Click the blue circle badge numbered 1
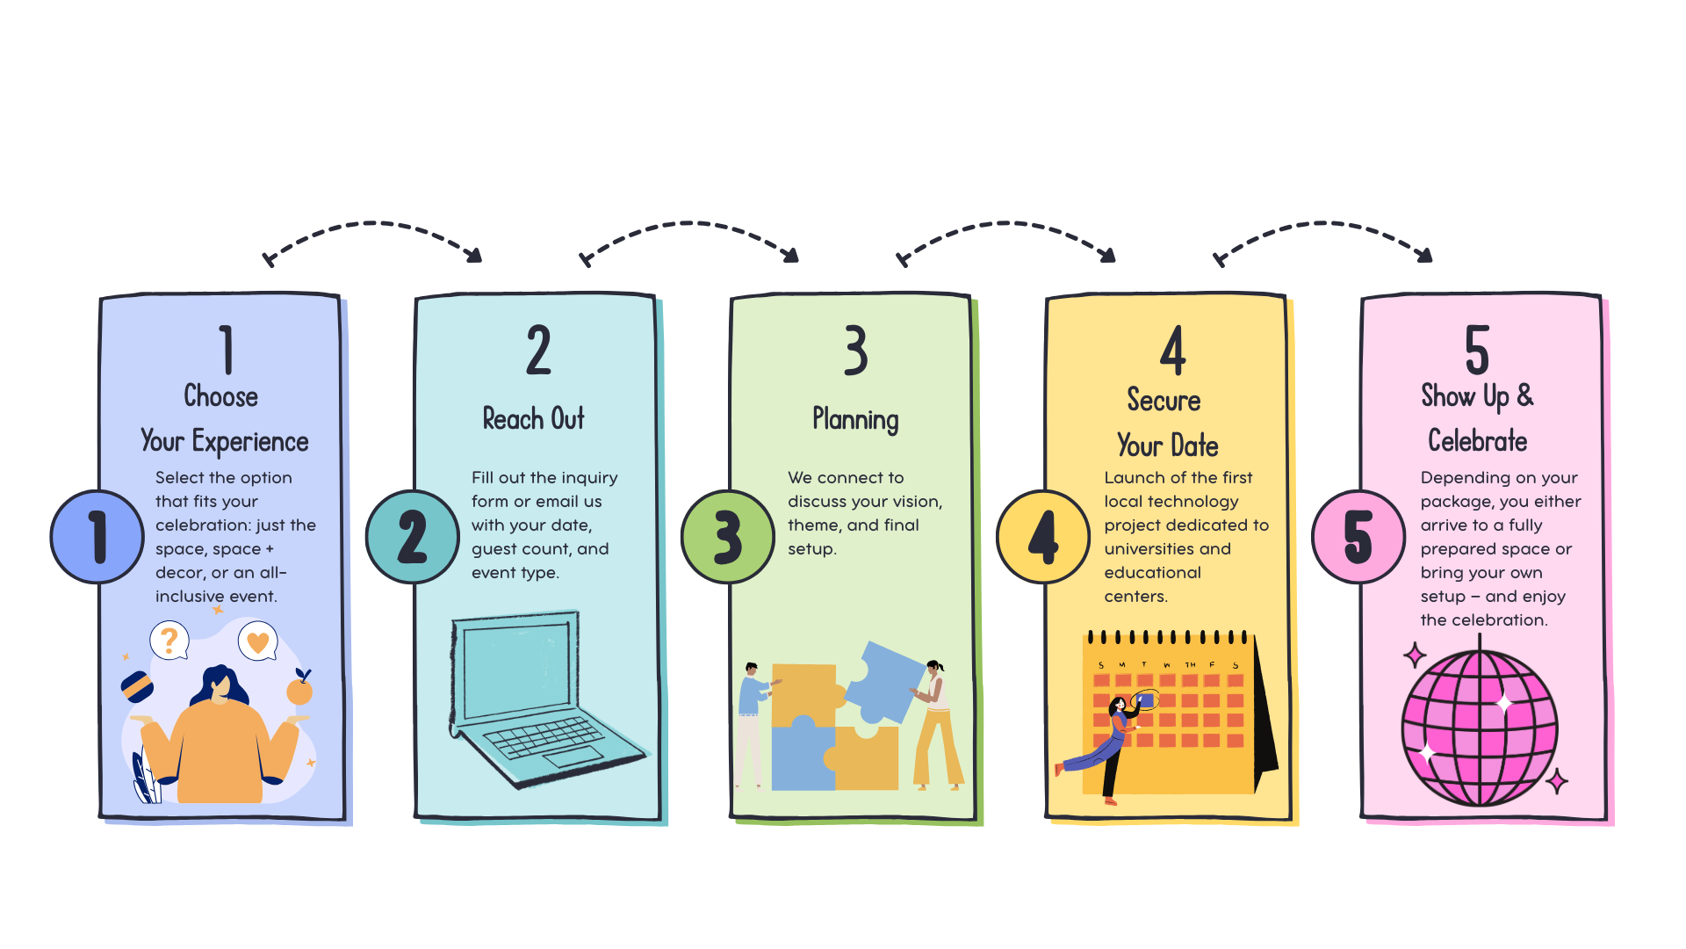coord(97,537)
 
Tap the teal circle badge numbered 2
coord(412,537)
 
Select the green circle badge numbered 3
coord(727,537)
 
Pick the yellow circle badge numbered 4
coord(1042,537)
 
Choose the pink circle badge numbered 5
coord(1358,537)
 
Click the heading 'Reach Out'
coord(533,419)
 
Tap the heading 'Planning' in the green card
coord(855,420)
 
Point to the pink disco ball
coord(1480,728)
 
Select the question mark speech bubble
coord(169,640)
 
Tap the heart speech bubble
coord(257,641)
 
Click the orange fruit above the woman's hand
coord(300,691)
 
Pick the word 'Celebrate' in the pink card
coord(1477,441)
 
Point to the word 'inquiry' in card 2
coord(589,478)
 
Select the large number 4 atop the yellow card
coord(1172,350)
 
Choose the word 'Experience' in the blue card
coord(250,442)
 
